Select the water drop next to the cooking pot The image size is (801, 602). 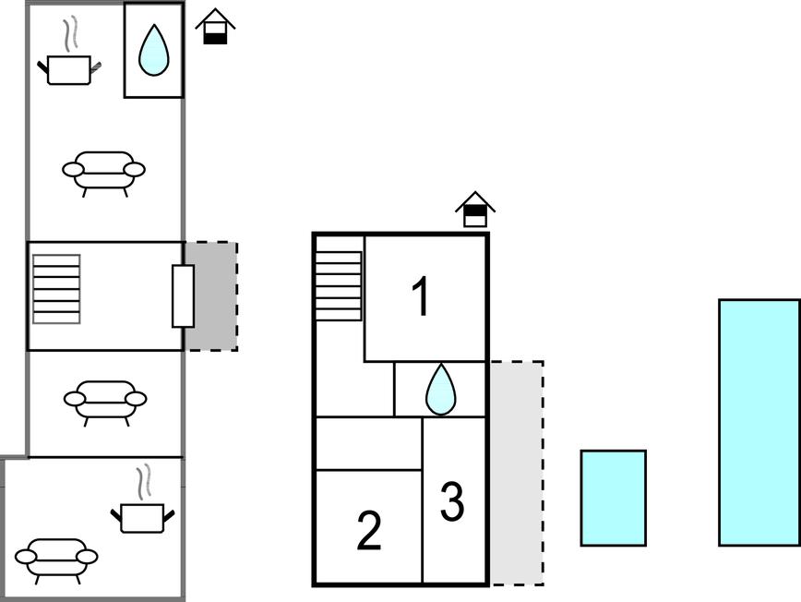point(153,51)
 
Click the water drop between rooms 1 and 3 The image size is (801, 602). point(440,390)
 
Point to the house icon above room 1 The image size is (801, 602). point(474,210)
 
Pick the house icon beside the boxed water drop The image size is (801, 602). point(215,27)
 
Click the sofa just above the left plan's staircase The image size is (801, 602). point(103,172)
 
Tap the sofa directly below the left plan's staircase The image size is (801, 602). point(104,401)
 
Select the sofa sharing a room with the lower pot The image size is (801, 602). point(56,559)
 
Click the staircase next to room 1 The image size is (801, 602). point(339,285)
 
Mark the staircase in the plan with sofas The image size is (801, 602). point(56,289)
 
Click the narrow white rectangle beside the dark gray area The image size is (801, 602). point(183,295)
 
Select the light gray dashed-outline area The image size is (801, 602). point(515,472)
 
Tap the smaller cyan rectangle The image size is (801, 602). point(613,498)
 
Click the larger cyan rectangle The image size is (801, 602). point(759,422)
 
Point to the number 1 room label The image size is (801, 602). point(421,298)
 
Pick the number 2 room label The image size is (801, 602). point(368,532)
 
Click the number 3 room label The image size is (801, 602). point(451,502)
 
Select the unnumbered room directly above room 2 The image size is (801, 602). point(368,443)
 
